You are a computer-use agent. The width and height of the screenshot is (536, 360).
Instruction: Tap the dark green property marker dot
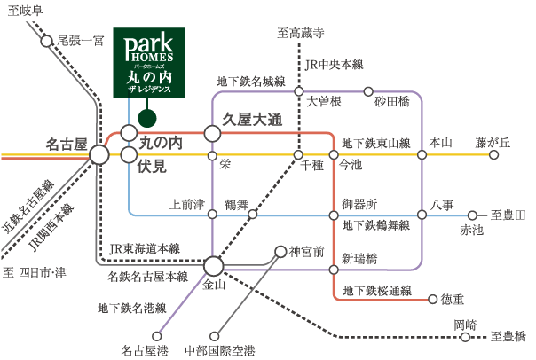pos(147,116)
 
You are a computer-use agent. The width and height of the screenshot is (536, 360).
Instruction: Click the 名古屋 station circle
pos(99,154)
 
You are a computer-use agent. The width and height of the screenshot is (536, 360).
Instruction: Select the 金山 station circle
pos(212,265)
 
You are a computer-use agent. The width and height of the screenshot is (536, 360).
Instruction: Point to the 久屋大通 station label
pos(252,119)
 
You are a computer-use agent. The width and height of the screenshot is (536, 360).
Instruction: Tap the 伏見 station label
pos(153,165)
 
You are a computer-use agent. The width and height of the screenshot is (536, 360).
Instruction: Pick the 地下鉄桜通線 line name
pos(377,290)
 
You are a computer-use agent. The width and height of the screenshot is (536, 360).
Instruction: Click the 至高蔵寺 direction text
pos(301,34)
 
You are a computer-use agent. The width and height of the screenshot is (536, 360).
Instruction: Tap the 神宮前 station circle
pos(280,251)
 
